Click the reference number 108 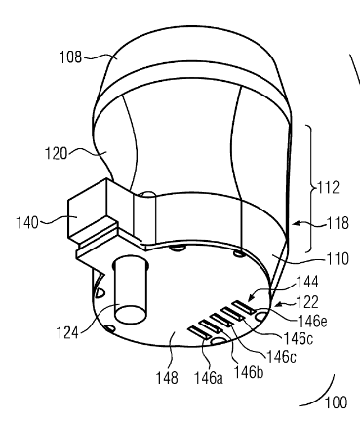(70, 57)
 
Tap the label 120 (56, 153)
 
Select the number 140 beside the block (27, 223)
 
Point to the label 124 (67, 333)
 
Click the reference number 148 (167, 378)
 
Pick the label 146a (209, 378)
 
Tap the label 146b (249, 372)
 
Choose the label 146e (312, 321)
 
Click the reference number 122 (307, 302)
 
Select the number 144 (307, 282)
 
